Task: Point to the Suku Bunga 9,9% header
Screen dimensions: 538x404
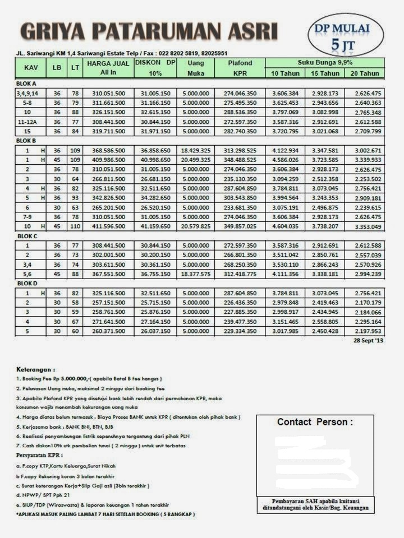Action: [325, 62]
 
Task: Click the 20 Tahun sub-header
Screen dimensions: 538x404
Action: [365, 73]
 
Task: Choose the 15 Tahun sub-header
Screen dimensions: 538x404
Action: [325, 73]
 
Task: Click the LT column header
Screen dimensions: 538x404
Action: [75, 67]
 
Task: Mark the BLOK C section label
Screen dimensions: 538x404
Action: [27, 236]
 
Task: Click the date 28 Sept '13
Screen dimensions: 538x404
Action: [368, 341]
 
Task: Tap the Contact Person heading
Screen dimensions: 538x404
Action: [315, 422]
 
